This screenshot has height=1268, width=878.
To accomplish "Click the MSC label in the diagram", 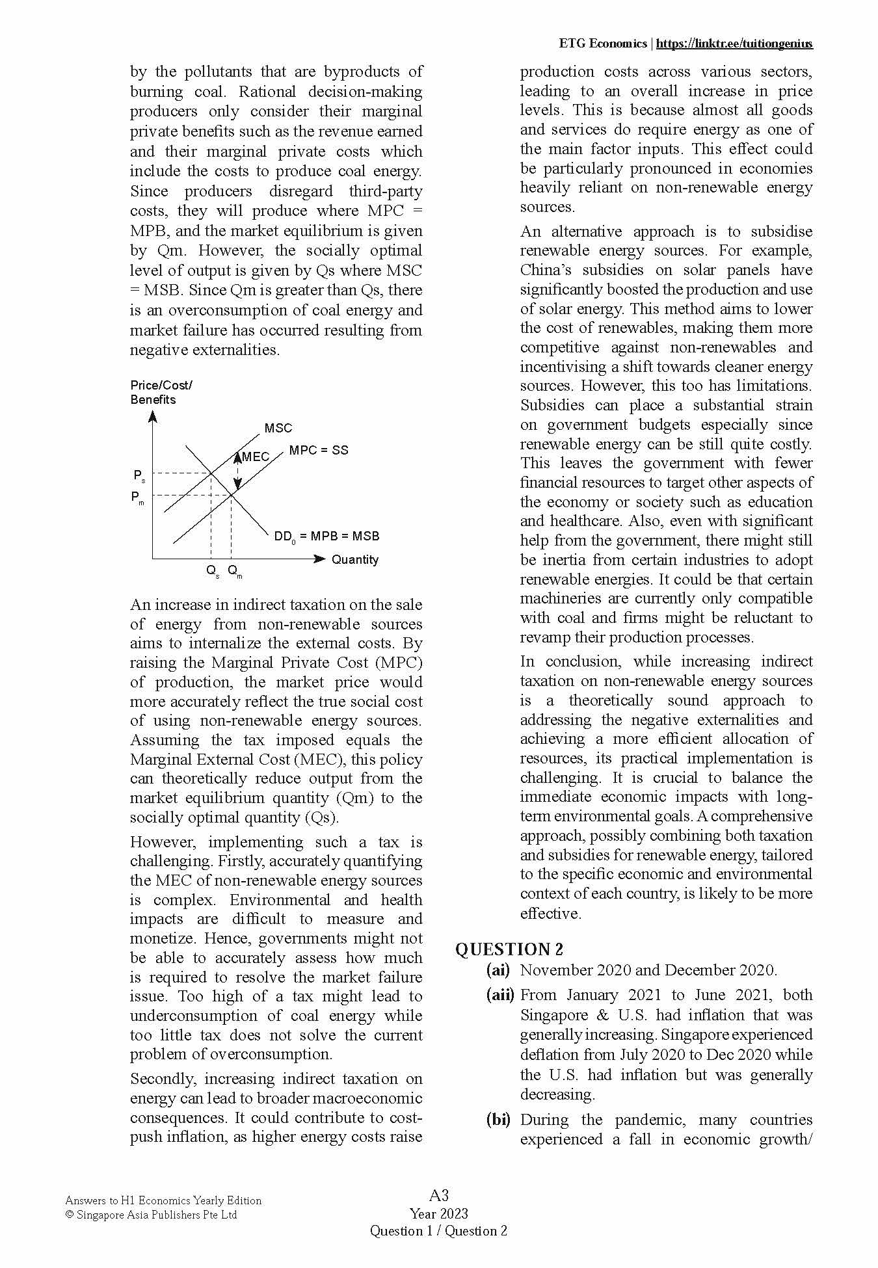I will [278, 428].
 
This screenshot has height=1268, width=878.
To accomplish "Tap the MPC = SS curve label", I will [319, 450].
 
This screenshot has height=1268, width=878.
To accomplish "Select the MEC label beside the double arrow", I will [256, 456].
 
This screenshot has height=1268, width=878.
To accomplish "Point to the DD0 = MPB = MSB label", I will [326, 536].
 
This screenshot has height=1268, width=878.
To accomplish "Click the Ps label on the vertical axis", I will [139, 476].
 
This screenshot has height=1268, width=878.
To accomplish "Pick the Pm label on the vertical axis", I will [137, 498].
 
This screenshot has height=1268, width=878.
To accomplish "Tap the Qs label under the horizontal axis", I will [213, 571].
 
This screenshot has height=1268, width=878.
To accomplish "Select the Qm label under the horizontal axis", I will [235, 571].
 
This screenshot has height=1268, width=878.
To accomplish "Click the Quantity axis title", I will [354, 559].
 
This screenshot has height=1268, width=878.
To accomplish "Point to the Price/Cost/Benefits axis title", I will [161, 392].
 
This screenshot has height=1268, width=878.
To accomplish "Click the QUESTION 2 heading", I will [509, 949].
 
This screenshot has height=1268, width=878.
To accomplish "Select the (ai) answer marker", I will [498, 970].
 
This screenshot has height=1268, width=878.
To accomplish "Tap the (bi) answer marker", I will [498, 1120].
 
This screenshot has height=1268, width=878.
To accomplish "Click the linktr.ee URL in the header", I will [734, 44].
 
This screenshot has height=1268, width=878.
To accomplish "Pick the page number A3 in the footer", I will [439, 1195].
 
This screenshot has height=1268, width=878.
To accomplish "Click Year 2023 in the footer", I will [439, 1213].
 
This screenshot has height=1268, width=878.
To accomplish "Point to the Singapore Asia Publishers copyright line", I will [152, 1215].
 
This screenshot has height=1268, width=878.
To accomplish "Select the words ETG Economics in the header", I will [602, 44].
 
